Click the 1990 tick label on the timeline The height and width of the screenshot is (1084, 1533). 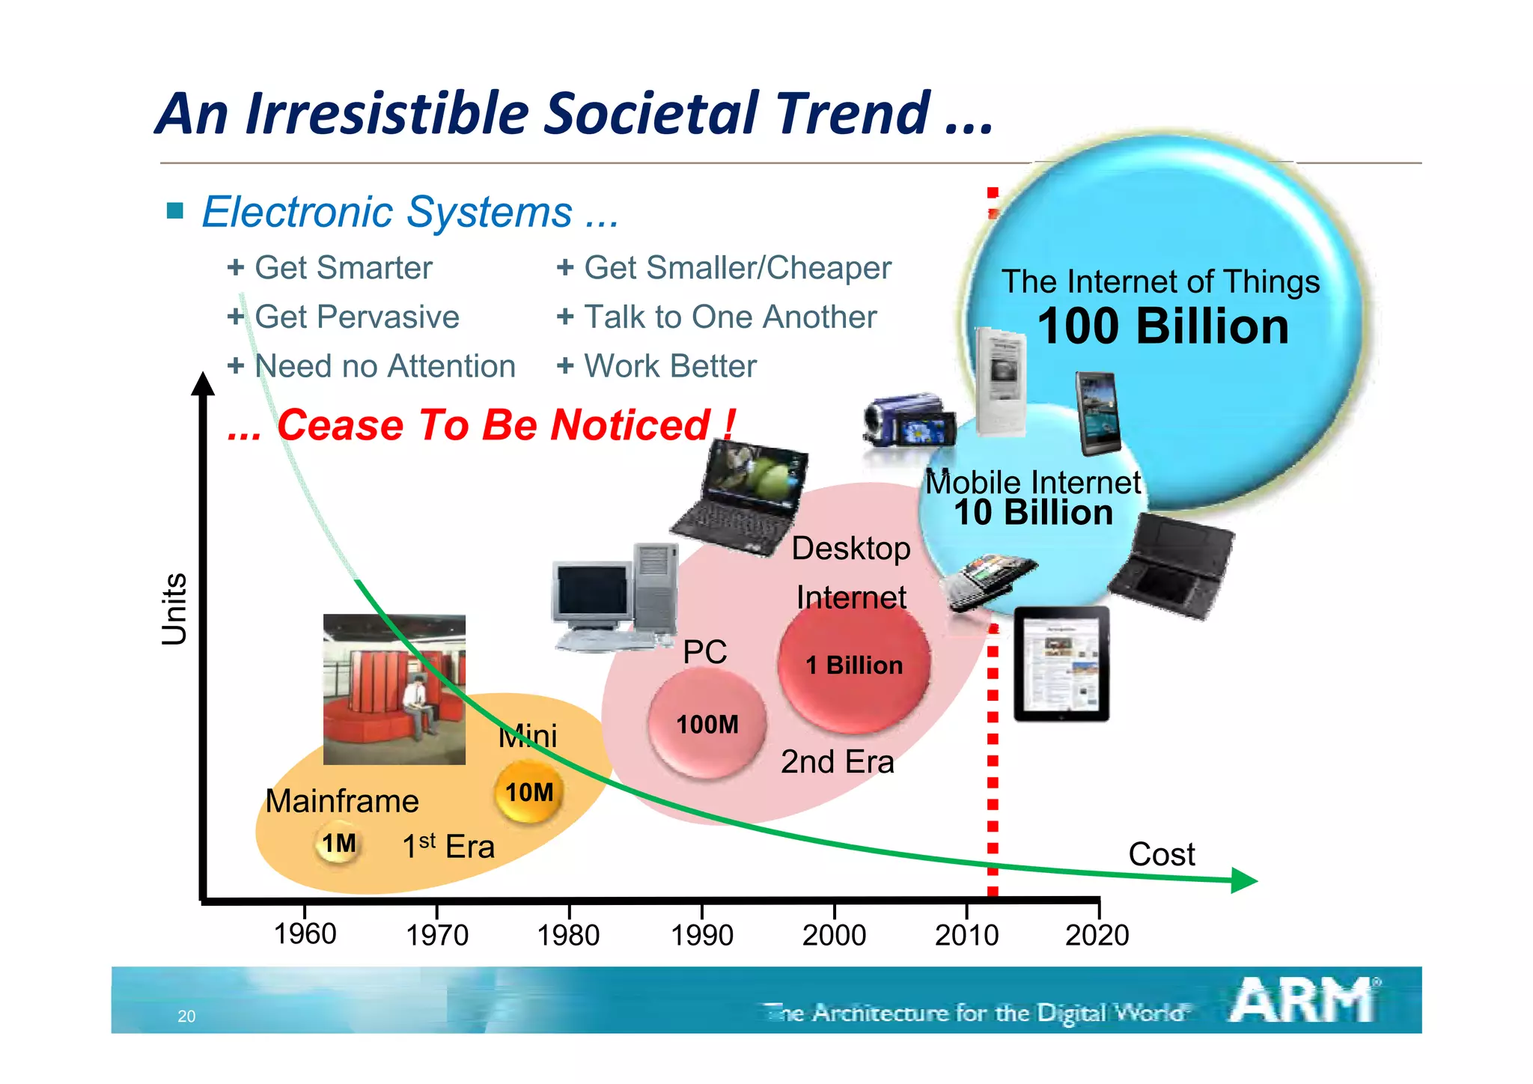point(701,935)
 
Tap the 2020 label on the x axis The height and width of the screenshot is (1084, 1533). point(1097,935)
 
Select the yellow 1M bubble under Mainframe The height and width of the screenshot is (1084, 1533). point(338,844)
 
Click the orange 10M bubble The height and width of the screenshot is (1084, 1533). point(528,792)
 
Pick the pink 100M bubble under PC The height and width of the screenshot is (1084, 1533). point(707,724)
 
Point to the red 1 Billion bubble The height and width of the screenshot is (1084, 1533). point(854,665)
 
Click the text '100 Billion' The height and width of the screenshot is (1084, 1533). point(1162,326)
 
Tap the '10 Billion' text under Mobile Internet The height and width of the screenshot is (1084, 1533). point(1033,513)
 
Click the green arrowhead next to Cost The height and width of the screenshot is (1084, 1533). point(1243,880)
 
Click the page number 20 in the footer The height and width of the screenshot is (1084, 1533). point(186,1016)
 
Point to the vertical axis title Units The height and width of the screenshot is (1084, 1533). point(174,609)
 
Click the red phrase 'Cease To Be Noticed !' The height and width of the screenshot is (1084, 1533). point(505,425)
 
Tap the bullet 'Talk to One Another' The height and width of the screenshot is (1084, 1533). point(729,317)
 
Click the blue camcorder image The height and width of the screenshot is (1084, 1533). point(907,421)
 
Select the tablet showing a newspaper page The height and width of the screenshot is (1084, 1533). point(1061,663)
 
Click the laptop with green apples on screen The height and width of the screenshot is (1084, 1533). point(742,497)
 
